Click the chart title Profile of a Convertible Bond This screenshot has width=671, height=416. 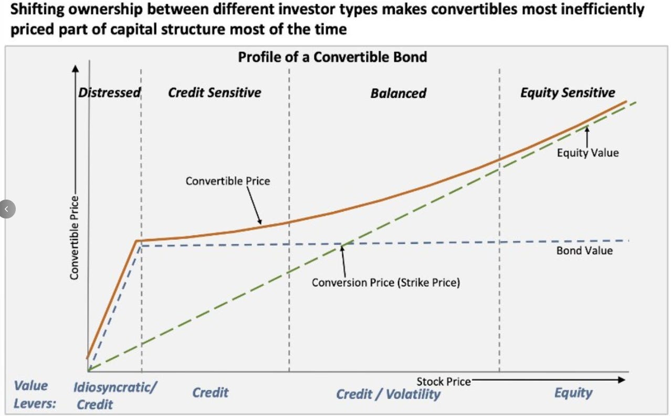click(332, 57)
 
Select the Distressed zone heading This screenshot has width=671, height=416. click(110, 93)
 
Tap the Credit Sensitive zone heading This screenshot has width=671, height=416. click(214, 93)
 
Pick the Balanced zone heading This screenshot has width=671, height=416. click(398, 93)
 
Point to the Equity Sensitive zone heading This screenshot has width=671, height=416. click(567, 93)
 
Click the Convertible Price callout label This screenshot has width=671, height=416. click(227, 181)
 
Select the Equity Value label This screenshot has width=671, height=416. click(588, 153)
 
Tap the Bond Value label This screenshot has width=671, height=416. click(584, 251)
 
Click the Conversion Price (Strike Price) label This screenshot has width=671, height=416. click(385, 283)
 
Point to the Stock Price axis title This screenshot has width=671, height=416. click(444, 381)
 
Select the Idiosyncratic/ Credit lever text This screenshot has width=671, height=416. click(114, 395)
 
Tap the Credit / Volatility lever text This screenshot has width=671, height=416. click(388, 394)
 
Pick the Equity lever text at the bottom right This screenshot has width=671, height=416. click(573, 393)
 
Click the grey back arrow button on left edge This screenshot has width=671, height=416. click(7, 209)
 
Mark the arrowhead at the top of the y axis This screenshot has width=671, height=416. click(76, 69)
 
